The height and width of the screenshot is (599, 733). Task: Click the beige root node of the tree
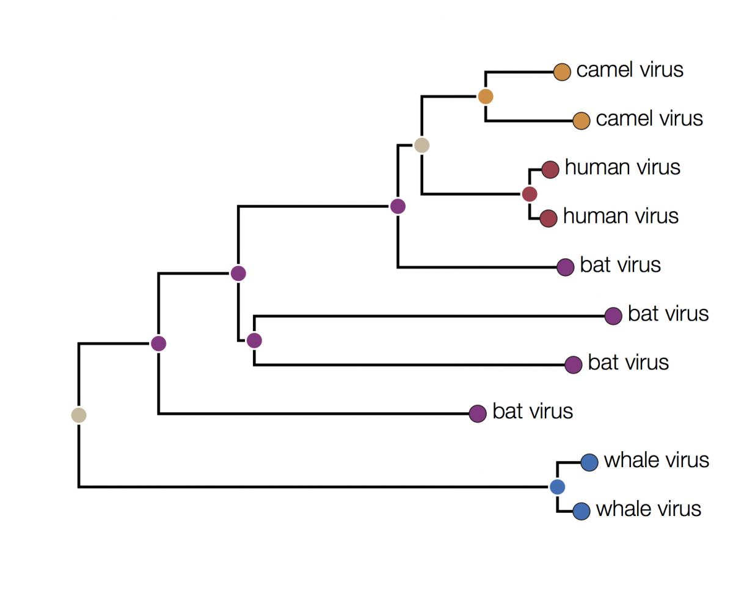(78, 415)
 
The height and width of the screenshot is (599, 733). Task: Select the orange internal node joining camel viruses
(486, 96)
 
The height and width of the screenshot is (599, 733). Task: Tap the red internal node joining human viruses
(530, 194)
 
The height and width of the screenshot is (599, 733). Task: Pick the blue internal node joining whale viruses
(556, 487)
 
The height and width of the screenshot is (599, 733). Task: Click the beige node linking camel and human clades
(421, 145)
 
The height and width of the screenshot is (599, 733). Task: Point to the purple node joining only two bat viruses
(254, 340)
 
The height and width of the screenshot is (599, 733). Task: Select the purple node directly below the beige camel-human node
(398, 206)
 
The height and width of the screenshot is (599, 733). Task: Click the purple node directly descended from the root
(159, 343)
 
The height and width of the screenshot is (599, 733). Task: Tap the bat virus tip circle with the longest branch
(613, 316)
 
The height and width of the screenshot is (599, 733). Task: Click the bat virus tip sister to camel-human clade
(566, 267)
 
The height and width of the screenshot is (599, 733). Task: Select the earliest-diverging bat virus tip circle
(477, 413)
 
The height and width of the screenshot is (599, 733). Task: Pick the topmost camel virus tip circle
(561, 71)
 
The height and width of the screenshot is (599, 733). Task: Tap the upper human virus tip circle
(550, 170)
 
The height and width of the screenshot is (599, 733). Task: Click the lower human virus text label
(621, 216)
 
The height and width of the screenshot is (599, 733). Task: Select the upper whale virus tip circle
(589, 462)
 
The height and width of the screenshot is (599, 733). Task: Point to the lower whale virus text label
(648, 509)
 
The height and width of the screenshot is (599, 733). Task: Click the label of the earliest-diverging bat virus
(533, 412)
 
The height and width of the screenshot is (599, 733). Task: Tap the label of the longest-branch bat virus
(668, 313)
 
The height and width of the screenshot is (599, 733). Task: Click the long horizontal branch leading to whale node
(305, 487)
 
